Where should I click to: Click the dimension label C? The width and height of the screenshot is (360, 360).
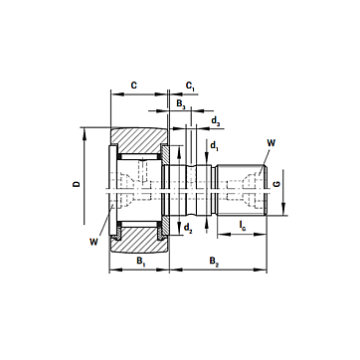tap(133, 86)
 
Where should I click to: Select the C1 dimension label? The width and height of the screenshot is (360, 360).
tap(190, 87)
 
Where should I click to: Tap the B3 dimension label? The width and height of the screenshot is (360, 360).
tap(181, 104)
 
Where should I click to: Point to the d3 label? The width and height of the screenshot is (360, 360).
tap(216, 121)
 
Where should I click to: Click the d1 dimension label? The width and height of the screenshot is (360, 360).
tap(215, 145)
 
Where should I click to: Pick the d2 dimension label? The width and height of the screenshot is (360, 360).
tap(188, 228)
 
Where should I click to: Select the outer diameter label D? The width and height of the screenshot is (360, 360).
tap(77, 183)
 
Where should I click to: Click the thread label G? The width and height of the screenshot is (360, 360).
tap(277, 183)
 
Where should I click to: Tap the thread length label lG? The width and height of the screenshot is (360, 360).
tap(243, 226)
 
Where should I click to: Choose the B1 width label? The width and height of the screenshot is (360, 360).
tap(141, 261)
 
